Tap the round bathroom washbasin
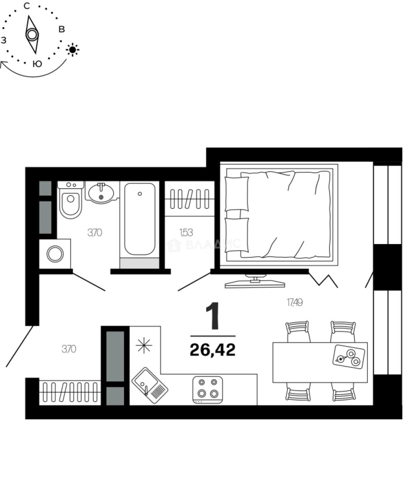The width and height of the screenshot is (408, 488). [101, 193]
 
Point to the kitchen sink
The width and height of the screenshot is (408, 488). [149, 385]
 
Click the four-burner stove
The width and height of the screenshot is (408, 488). [207, 389]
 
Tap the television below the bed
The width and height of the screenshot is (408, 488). [255, 282]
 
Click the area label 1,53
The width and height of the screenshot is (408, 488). [186, 233]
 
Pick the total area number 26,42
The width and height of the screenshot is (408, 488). [213, 349]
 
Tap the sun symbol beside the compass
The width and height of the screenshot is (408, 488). [73, 49]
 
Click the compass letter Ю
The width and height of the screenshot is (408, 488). [38, 64]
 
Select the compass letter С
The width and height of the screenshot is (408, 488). [27, 6]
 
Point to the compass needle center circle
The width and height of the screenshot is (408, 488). [32, 34]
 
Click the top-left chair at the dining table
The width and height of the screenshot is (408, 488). [298, 331]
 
